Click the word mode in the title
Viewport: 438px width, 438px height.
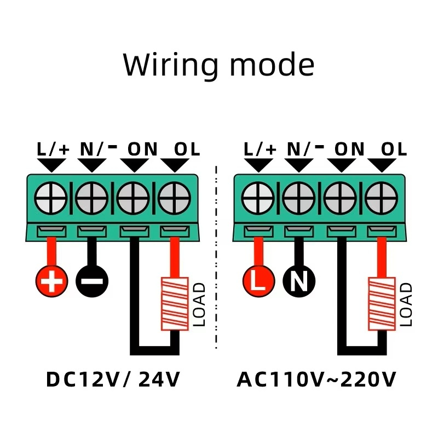pos(272,65)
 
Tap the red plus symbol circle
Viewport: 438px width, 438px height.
pos(52,282)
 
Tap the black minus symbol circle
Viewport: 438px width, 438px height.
pos(91,282)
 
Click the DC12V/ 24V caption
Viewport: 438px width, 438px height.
pos(113,379)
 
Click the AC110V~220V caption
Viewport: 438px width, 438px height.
pos(316,379)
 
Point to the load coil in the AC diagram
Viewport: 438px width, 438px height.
pos(382,304)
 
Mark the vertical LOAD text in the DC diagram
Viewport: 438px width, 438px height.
pos(200,304)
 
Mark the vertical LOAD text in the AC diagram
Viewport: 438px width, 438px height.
pos(406,304)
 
